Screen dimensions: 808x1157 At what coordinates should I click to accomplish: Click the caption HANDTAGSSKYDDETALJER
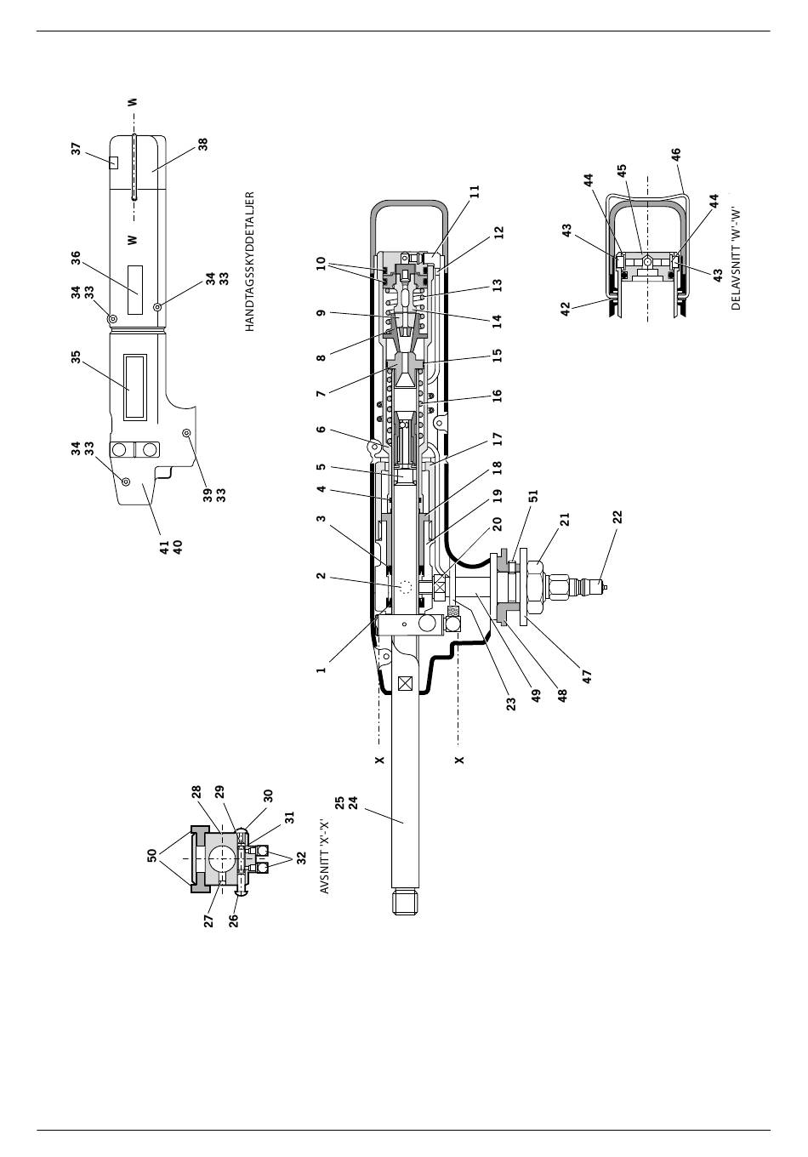coord(249,261)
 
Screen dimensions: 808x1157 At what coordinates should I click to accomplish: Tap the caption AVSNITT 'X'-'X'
coord(324,855)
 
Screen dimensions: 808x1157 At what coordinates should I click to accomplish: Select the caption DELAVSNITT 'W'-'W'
coord(736,259)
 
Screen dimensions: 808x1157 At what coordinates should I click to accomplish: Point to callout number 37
coord(77,149)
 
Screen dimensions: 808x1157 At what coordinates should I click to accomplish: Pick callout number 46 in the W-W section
coord(676,155)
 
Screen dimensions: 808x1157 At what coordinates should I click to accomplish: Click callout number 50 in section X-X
coord(151,855)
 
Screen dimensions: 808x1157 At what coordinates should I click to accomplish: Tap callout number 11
coord(475,191)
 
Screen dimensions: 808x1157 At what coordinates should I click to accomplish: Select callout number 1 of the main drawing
coord(321,670)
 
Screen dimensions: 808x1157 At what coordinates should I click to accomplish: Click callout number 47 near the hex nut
coord(587,676)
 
